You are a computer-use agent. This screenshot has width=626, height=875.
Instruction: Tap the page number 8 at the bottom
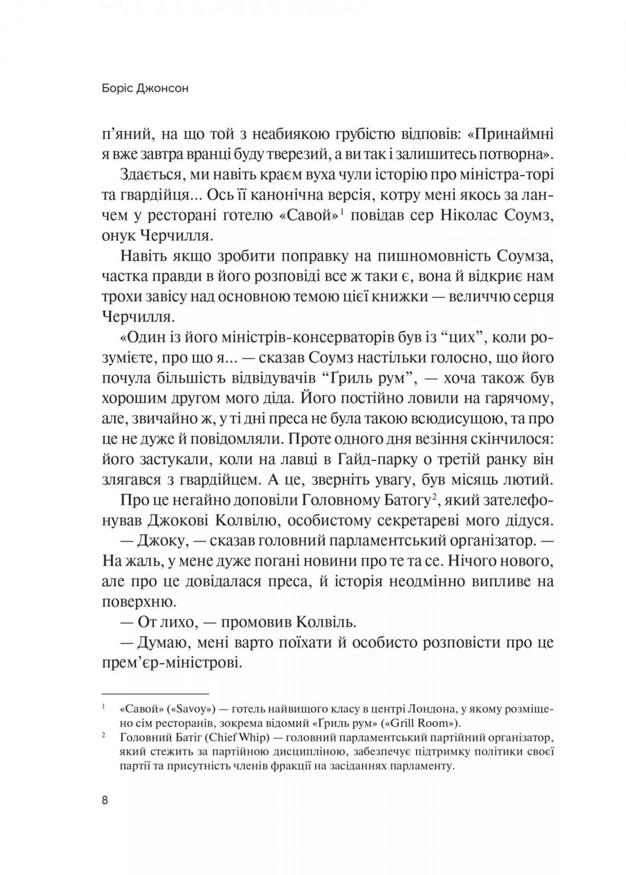[x=105, y=801]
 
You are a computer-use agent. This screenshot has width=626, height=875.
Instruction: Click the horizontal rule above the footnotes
[x=155, y=694]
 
